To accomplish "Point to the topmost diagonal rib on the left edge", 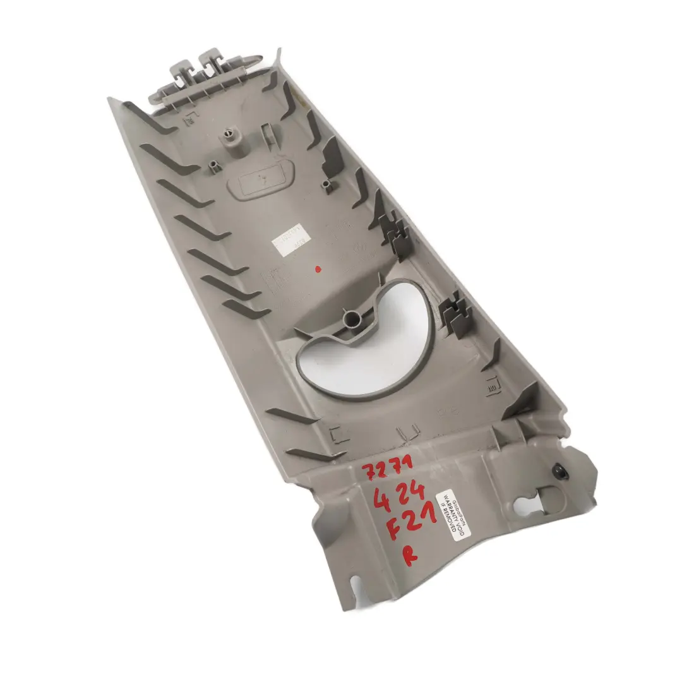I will tap(148, 117).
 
